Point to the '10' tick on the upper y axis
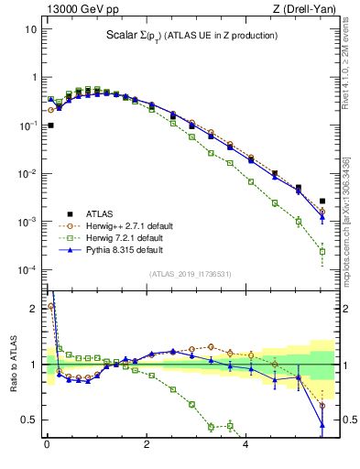point(31,29)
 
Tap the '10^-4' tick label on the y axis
point(29,270)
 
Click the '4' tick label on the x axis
point(245,446)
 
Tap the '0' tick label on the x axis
point(47,446)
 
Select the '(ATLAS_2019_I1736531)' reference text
point(190,274)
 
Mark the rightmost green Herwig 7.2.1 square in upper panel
point(322,251)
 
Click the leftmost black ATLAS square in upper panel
point(51,125)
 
